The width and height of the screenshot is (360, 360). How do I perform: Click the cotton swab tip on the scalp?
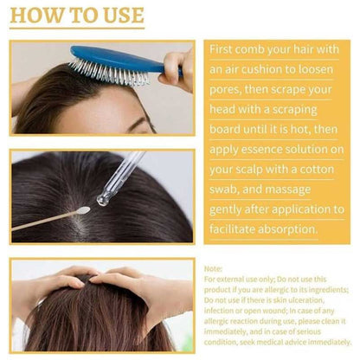pyautogui.click(x=82, y=210)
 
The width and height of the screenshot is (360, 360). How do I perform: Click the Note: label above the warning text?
pyautogui.click(x=214, y=269)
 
